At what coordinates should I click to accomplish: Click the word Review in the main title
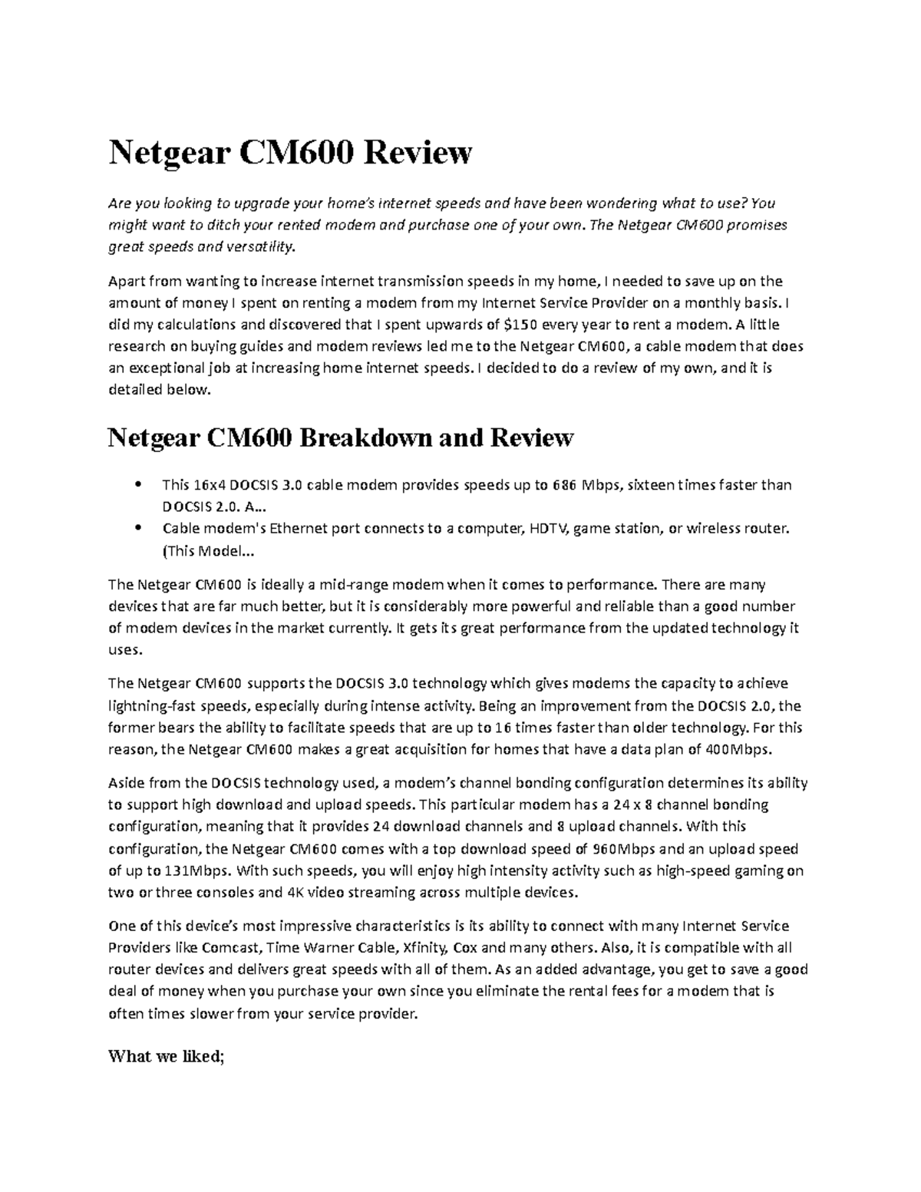[x=418, y=153]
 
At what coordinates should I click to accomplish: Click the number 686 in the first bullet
[x=563, y=485]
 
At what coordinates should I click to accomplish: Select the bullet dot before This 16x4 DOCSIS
[x=137, y=484]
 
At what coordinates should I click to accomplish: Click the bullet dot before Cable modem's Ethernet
[x=137, y=528]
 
